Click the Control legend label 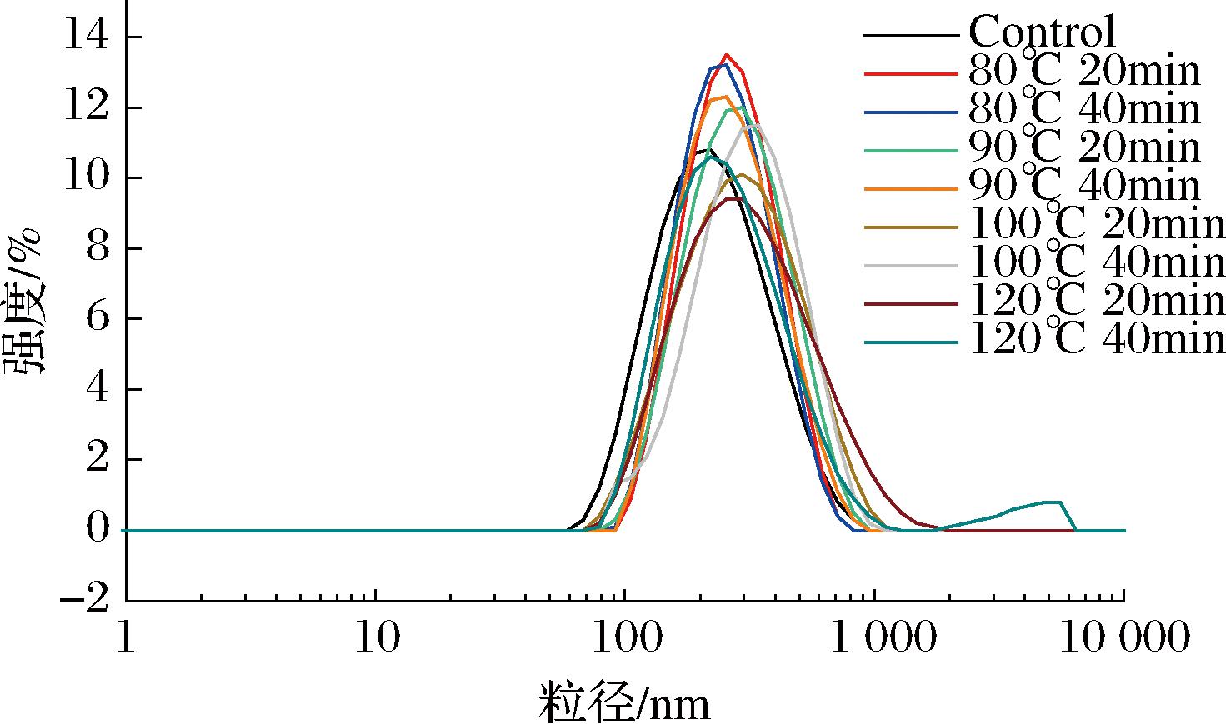[1042, 33]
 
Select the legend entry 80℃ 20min [1083, 72]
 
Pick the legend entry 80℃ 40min [1083, 110]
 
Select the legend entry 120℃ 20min [1097, 302]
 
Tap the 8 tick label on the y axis [98, 249]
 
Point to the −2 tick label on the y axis [87, 601]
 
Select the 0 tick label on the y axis [98, 530]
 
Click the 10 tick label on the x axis [375, 637]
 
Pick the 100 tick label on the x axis [625, 637]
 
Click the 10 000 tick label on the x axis [1124, 637]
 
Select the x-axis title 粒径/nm [625, 702]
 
